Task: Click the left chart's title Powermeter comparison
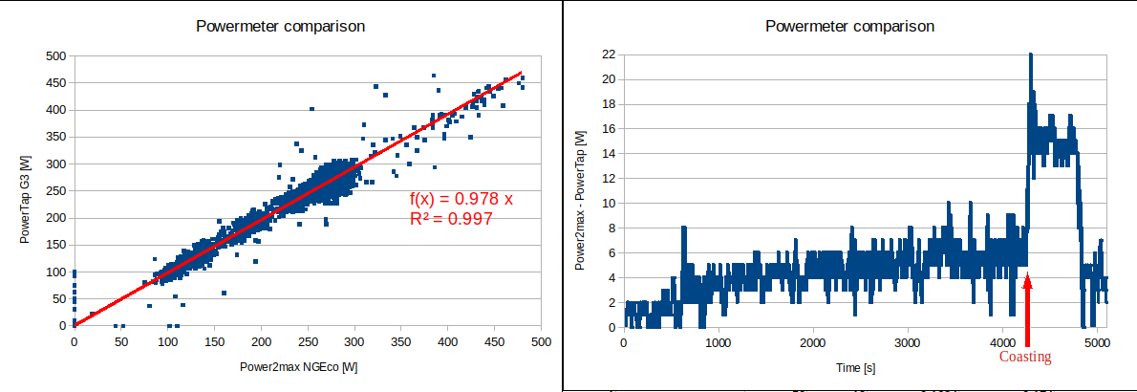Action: tap(280, 26)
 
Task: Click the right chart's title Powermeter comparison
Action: tap(850, 26)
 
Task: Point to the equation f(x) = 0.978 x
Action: tap(461, 200)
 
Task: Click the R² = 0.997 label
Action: tap(451, 219)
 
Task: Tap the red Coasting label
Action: tap(1025, 357)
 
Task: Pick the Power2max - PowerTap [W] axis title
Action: tap(580, 191)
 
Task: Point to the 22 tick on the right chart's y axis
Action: tap(608, 54)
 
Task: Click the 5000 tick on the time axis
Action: tap(1097, 342)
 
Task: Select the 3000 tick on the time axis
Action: tap(908, 342)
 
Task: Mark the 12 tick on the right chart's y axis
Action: tap(608, 179)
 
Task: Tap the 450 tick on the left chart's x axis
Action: tap(494, 340)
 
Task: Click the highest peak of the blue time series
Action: tap(1031, 55)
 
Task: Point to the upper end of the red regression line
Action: tap(521, 72)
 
